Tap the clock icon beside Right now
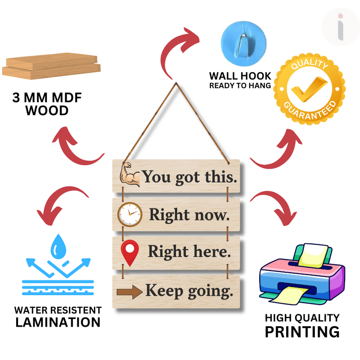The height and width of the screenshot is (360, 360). pos(130,214)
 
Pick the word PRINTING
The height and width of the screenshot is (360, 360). pos(301,332)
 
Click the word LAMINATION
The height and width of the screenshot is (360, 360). pos(58,322)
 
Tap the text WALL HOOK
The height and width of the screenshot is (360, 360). pos(240,76)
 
